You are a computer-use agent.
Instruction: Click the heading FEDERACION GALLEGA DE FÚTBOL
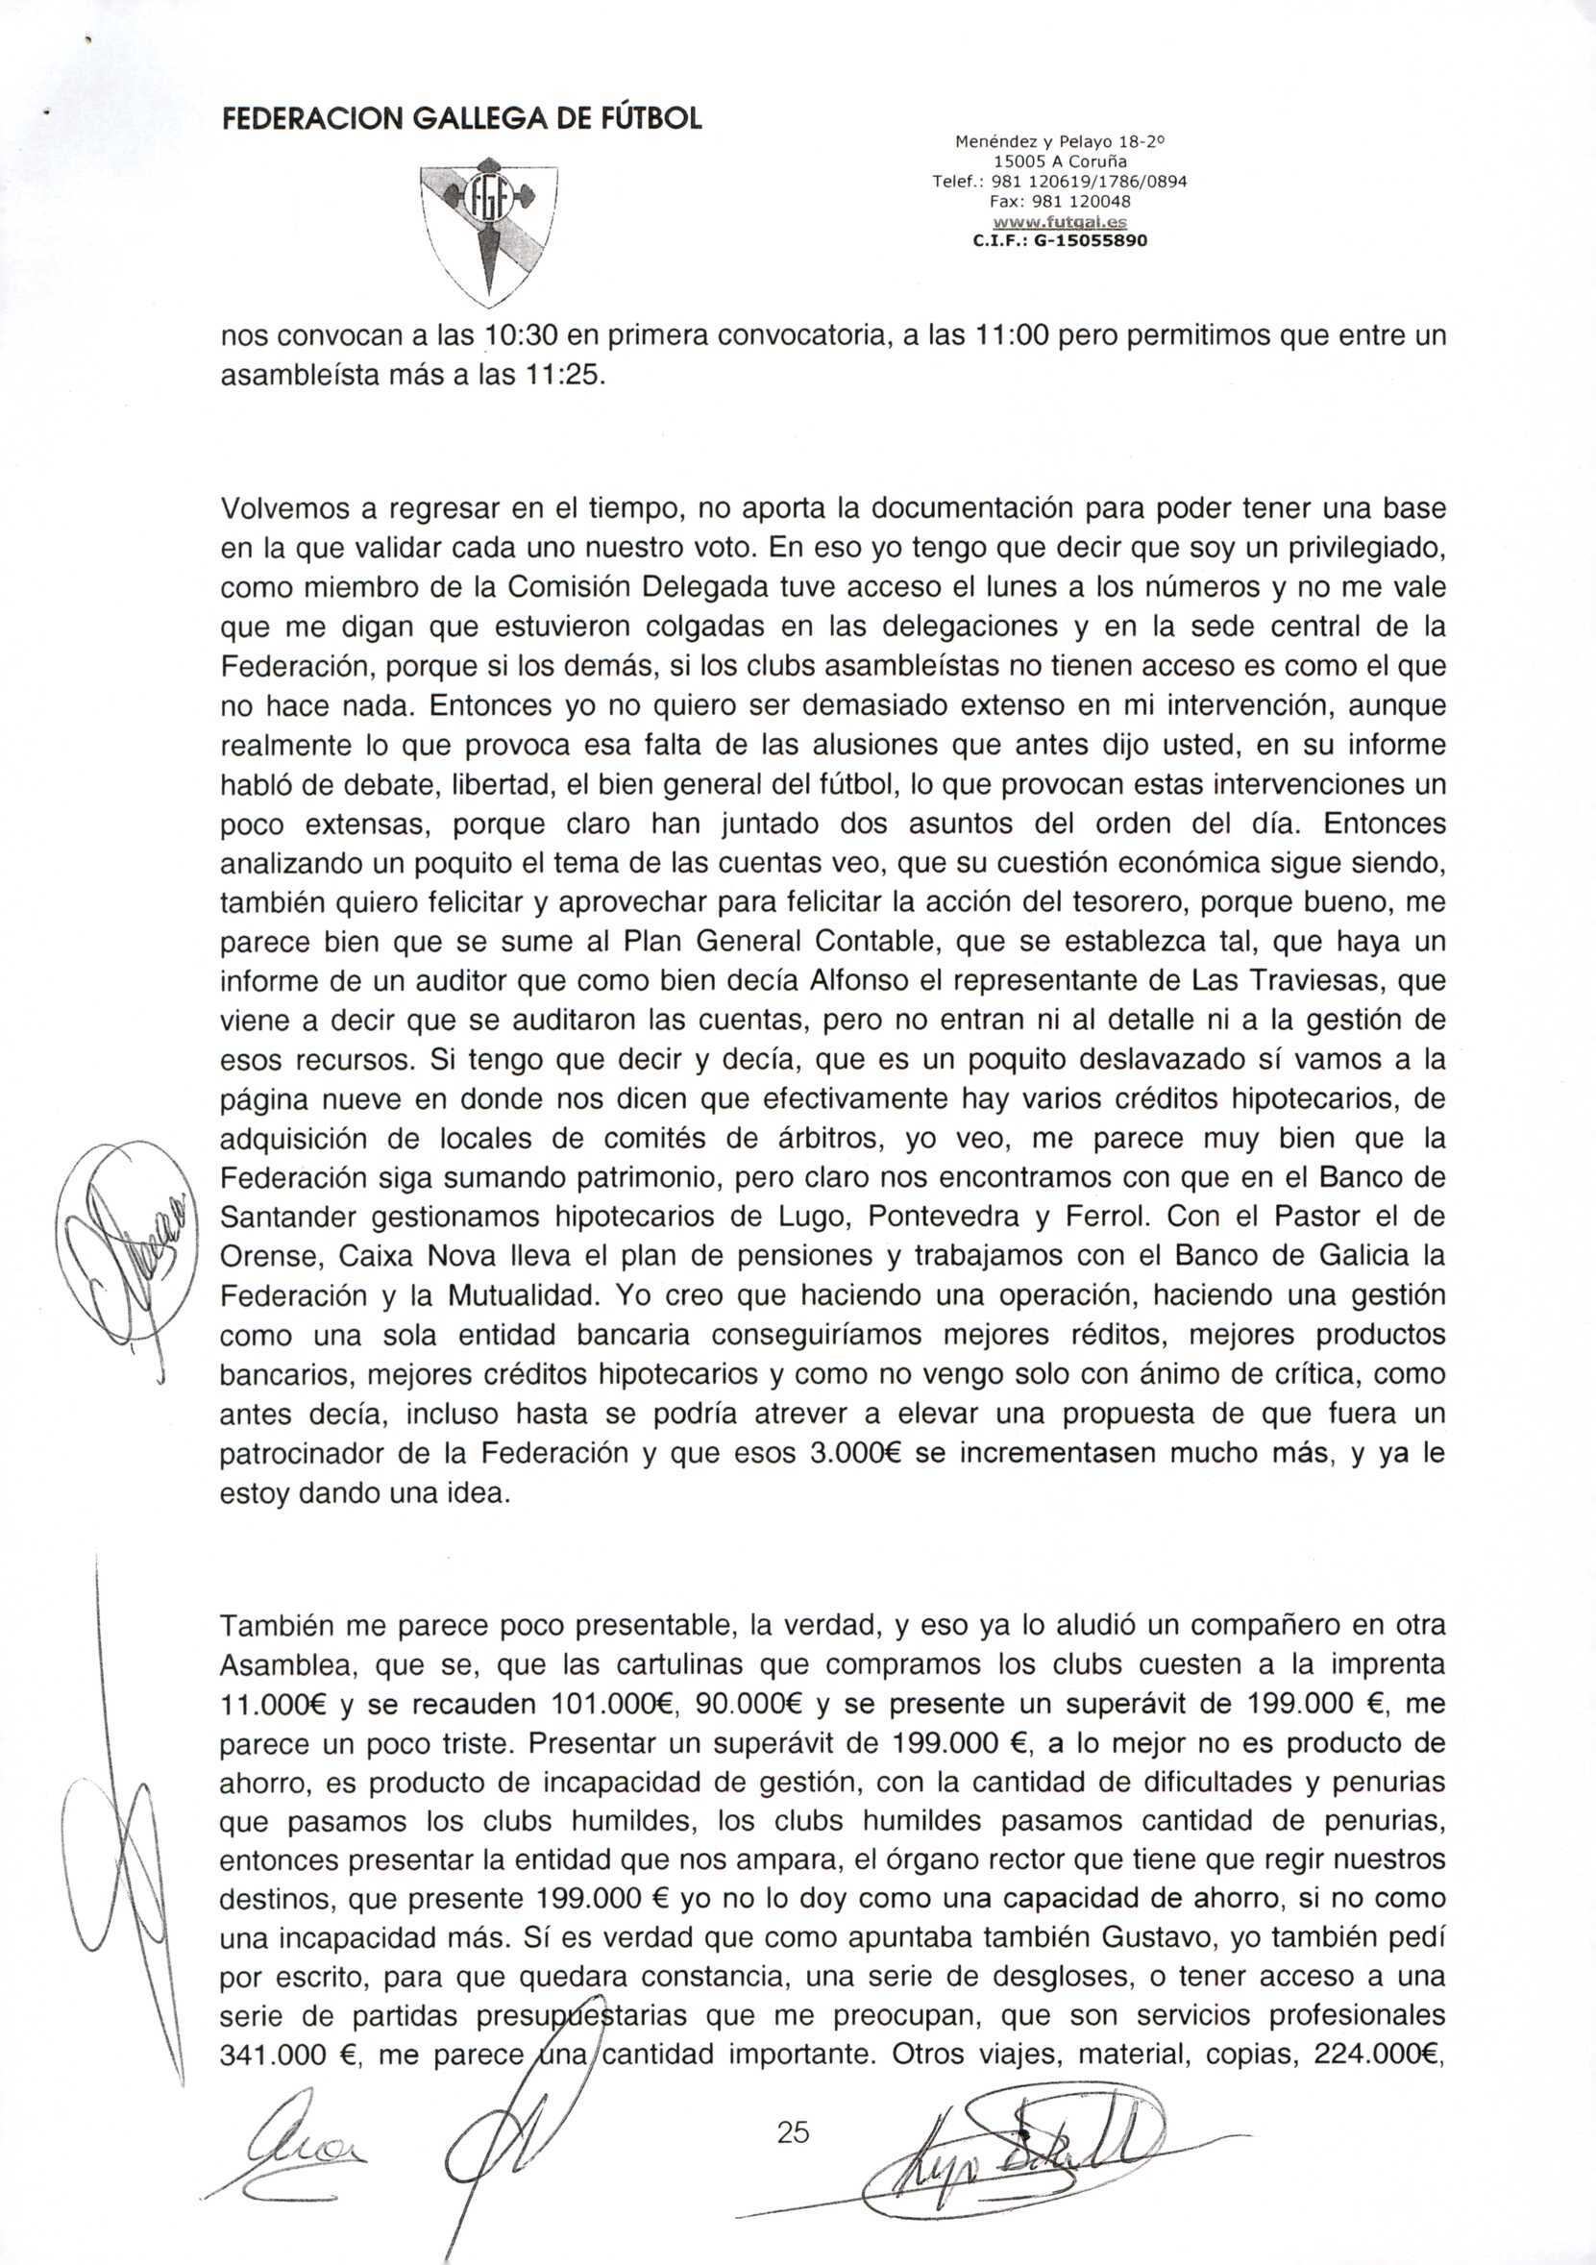pyautogui.click(x=460, y=119)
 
